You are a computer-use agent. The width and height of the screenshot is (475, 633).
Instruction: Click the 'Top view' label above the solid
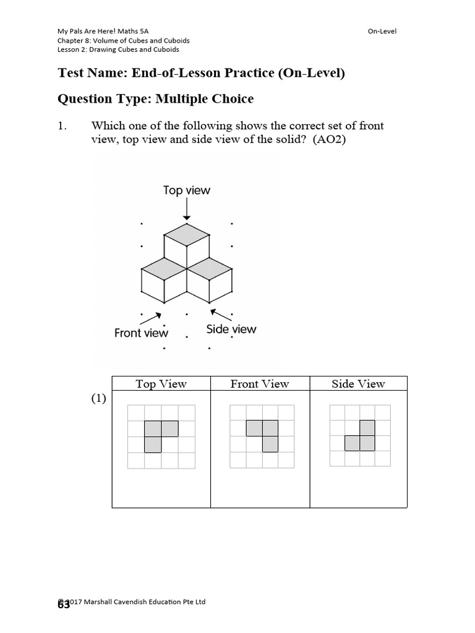(186, 190)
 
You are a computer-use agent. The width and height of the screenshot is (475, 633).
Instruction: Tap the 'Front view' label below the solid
(141, 333)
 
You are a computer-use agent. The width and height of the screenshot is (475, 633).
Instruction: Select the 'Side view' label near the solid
(231, 329)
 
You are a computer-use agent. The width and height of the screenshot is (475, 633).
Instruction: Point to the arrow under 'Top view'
(187, 210)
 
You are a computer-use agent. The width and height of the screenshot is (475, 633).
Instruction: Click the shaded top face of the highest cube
(187, 233)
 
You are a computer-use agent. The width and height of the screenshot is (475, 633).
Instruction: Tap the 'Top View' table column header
(161, 384)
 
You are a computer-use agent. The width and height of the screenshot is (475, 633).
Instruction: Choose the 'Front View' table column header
(260, 384)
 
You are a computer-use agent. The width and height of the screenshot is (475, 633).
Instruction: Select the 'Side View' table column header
(358, 384)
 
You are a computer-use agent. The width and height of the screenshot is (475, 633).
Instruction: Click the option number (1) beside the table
(99, 399)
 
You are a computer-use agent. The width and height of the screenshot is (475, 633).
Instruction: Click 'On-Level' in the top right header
(382, 32)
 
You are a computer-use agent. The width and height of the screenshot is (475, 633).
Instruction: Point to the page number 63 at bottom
(64, 606)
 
